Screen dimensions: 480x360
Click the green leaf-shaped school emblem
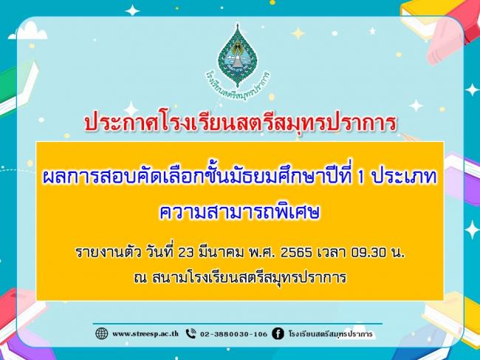coord(238,55)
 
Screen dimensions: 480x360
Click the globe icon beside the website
coord(102,333)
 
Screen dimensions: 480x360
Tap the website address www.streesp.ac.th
coord(145,333)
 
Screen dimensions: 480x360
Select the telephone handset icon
coord(191,333)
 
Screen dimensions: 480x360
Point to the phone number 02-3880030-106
coord(234,334)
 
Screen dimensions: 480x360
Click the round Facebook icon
coord(278,333)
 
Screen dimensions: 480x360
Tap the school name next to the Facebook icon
coord(331,333)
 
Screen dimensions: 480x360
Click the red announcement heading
coord(240,123)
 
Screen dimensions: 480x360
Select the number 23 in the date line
coord(185,253)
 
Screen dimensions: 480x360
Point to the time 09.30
coord(369,253)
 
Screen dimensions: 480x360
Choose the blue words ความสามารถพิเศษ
coord(240,211)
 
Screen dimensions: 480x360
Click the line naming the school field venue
coord(240,277)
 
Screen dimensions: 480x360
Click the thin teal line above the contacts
coord(238,324)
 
